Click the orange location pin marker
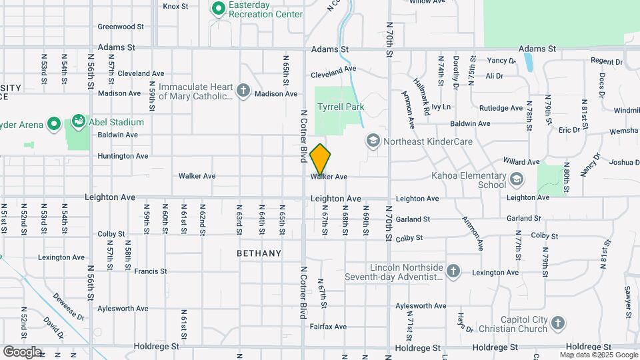click(x=321, y=158)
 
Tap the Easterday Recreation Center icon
click(x=217, y=9)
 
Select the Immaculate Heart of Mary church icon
click(x=243, y=91)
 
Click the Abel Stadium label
click(x=118, y=122)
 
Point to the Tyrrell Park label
click(x=341, y=107)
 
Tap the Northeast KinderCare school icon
click(x=373, y=141)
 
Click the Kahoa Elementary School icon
click(x=516, y=179)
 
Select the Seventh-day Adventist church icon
click(x=453, y=271)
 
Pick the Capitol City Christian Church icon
click(x=558, y=324)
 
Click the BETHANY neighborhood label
click(x=259, y=254)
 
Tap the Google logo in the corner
click(x=22, y=352)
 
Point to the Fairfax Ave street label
click(x=331, y=327)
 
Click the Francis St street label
click(x=150, y=271)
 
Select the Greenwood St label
click(x=121, y=27)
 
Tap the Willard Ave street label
click(x=521, y=162)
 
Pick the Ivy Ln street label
click(x=441, y=107)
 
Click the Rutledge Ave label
click(x=501, y=108)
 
